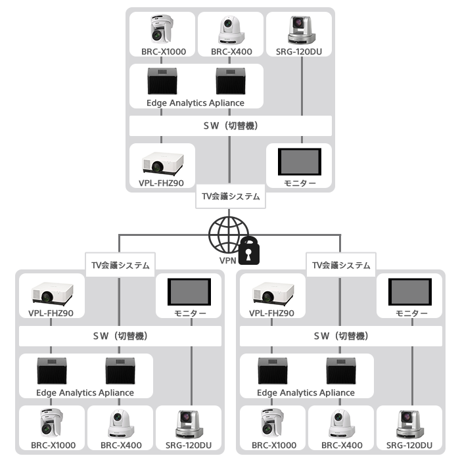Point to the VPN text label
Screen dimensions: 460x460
click(227, 260)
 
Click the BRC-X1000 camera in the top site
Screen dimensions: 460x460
click(162, 30)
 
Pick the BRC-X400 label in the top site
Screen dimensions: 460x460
click(230, 51)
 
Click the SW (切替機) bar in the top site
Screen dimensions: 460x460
click(230, 125)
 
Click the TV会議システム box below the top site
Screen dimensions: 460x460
click(230, 196)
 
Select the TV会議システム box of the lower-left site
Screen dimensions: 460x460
click(120, 265)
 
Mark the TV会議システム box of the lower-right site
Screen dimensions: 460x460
click(340, 265)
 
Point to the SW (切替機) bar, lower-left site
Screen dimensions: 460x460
click(120, 335)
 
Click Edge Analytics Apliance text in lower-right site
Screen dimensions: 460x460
click(306, 393)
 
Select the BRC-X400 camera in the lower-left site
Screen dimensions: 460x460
click(121, 424)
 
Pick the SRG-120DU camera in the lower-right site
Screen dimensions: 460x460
click(409, 424)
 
